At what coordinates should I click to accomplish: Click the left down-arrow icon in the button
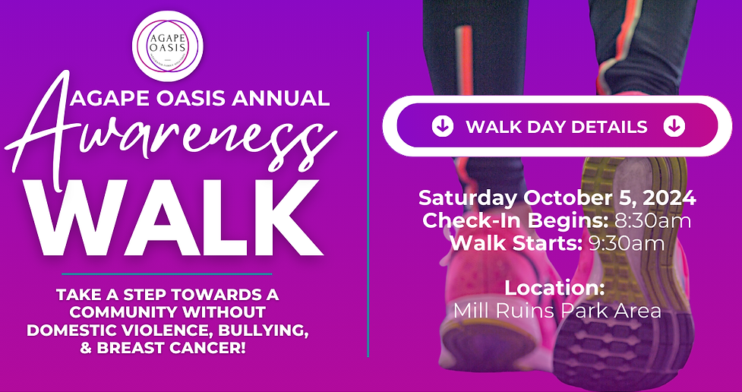click(x=443, y=126)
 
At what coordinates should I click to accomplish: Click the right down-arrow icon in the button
click(x=674, y=126)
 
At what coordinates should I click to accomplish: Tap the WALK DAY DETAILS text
click(x=557, y=127)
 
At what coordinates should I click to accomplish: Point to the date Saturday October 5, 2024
click(x=557, y=198)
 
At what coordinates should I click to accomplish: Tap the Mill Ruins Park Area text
click(x=557, y=311)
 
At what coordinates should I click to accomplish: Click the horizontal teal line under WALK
click(x=167, y=273)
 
